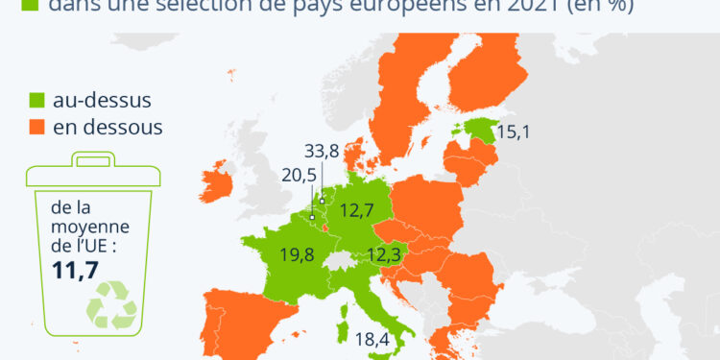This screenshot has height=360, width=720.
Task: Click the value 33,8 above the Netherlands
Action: [321, 151]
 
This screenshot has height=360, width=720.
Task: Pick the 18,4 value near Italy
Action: [373, 338]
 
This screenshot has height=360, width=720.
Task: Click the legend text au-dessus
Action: [102, 100]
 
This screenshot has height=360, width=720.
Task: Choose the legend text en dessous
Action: [108, 127]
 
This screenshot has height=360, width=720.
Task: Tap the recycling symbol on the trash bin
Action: [112, 305]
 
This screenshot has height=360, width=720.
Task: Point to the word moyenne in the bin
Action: [82, 227]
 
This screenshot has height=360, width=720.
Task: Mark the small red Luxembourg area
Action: [323, 228]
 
